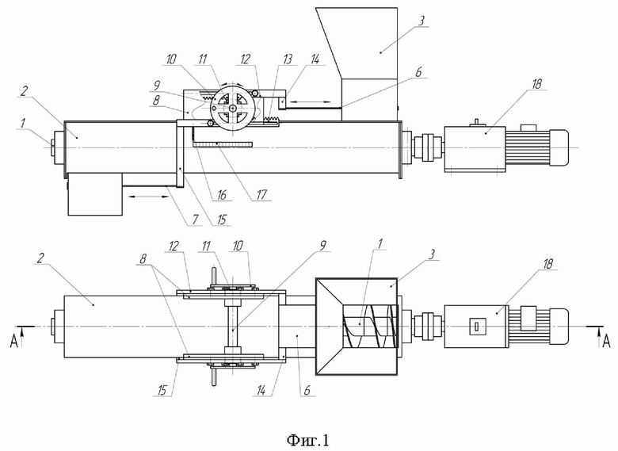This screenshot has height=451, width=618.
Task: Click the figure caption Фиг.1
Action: (x=308, y=440)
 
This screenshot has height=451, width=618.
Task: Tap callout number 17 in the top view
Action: (x=261, y=194)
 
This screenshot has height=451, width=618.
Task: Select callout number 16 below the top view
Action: (x=222, y=194)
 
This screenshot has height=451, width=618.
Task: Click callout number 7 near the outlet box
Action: (x=196, y=220)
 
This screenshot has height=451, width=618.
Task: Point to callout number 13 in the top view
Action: (x=288, y=59)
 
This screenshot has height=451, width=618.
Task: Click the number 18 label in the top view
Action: (x=536, y=83)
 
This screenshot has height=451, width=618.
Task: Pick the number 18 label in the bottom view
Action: (x=547, y=264)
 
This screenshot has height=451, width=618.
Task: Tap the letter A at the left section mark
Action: (x=13, y=342)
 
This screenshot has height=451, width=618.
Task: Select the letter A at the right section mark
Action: (x=607, y=342)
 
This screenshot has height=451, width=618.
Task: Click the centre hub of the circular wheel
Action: (x=233, y=108)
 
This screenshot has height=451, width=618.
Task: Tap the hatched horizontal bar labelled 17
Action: (x=223, y=145)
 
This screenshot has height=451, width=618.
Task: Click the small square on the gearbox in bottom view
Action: (x=476, y=327)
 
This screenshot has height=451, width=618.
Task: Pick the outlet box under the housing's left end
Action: (x=94, y=194)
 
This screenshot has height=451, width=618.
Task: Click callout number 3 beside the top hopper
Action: (x=422, y=21)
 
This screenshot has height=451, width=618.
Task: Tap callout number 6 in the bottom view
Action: (x=307, y=390)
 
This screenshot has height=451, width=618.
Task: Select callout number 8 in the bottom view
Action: (x=143, y=259)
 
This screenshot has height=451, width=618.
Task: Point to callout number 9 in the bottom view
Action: (x=323, y=245)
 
